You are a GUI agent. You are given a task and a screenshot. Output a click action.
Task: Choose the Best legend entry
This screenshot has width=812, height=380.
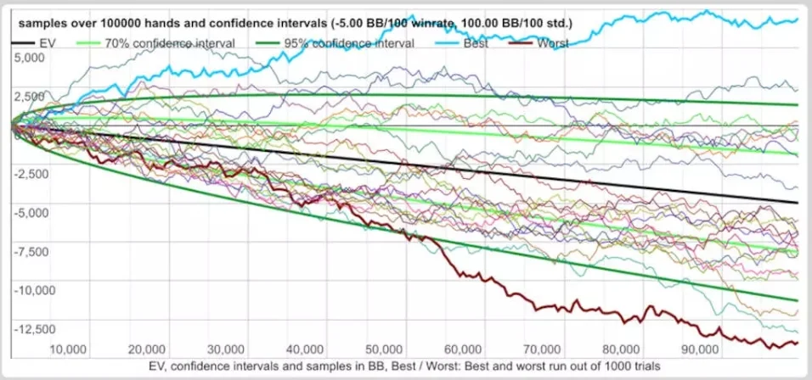[476, 43]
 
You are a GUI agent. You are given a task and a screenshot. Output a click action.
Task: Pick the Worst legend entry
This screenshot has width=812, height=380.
[552, 43]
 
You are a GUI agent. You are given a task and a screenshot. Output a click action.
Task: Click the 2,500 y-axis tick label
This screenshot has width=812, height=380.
[32, 96]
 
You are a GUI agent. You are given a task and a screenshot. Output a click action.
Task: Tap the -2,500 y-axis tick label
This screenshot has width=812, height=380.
[31, 174]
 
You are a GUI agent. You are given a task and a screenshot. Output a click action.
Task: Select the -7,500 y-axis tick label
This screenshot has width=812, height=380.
[31, 252]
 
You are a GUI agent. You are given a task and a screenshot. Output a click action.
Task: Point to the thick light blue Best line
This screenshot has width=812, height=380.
[425, 38]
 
